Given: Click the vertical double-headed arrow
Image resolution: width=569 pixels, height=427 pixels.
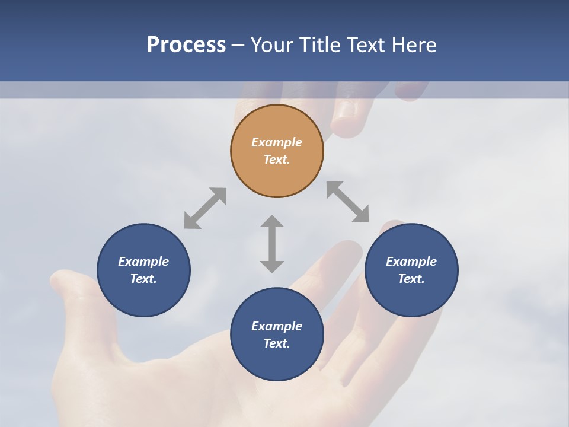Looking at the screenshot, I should click(272, 244).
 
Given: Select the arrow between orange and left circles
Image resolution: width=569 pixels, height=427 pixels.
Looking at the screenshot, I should click(205, 208).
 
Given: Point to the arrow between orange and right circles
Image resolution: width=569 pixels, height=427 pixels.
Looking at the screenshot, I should click(348, 202).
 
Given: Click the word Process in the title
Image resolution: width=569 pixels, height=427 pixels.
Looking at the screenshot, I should click(186, 45).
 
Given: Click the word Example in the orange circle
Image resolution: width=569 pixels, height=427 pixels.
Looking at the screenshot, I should click(277, 142).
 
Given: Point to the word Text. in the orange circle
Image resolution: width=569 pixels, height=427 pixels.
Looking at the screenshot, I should click(277, 160).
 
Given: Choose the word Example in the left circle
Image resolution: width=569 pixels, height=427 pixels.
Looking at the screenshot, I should click(143, 262).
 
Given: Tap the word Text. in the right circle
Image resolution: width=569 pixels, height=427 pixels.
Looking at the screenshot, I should click(411, 279).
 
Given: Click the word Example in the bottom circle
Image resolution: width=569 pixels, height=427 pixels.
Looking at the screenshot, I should click(277, 326).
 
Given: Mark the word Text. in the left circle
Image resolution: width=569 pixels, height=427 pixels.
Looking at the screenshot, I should click(143, 279).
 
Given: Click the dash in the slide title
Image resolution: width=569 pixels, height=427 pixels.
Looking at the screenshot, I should click(238, 45).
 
